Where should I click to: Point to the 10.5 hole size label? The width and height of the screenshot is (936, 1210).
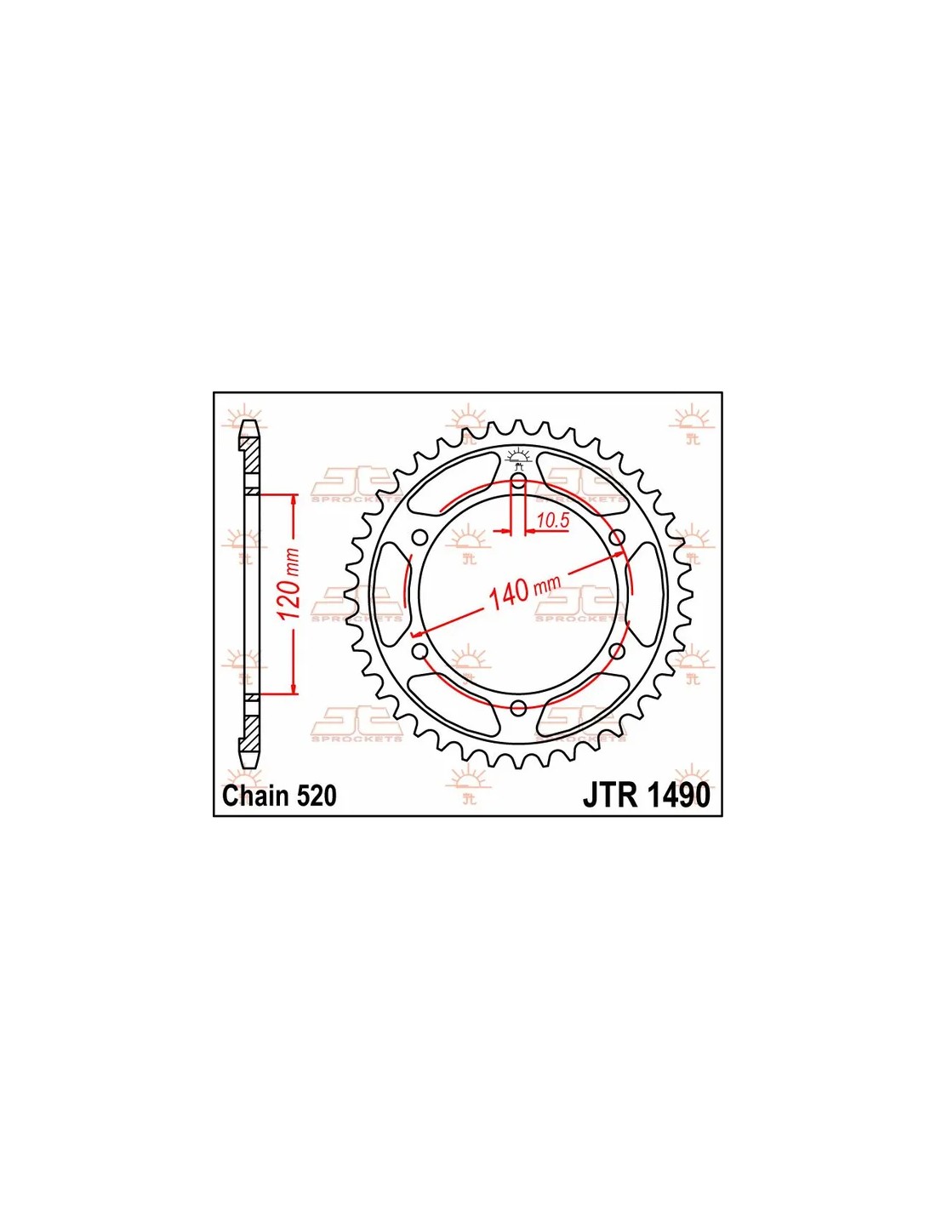coord(553,521)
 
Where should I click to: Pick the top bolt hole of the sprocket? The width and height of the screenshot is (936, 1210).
coord(518,481)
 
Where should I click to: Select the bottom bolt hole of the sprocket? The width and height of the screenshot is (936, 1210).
coord(518,708)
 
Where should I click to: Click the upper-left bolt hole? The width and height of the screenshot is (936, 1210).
coord(419,538)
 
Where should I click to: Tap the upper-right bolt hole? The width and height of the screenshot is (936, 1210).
coord(616,538)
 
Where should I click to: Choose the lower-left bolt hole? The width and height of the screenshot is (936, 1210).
coord(419,651)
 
